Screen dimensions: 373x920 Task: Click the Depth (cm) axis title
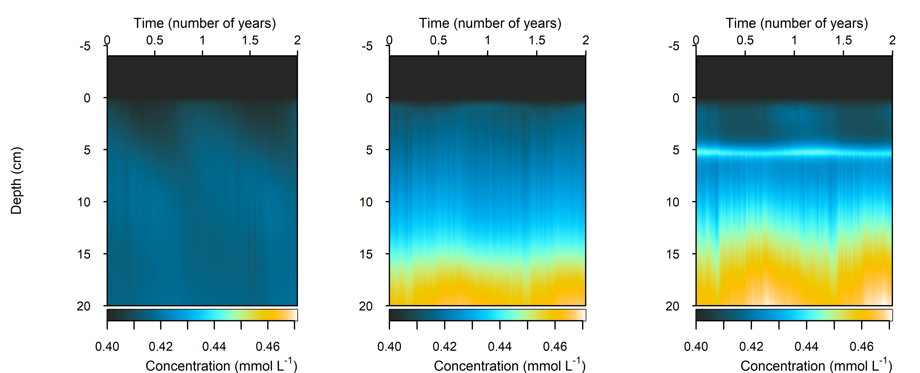pyautogui.click(x=16, y=180)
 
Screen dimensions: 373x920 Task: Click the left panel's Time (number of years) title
pyautogui.click(x=205, y=23)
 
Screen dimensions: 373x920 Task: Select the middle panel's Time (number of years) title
pyautogui.click(x=490, y=23)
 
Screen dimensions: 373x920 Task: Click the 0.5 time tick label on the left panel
pyautogui.click(x=155, y=40)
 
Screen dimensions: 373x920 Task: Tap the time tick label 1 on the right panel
pyautogui.click(x=794, y=40)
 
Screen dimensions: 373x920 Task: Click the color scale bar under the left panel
pyautogui.click(x=202, y=315)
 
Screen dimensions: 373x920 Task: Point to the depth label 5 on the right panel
pyautogui.click(x=676, y=150)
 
